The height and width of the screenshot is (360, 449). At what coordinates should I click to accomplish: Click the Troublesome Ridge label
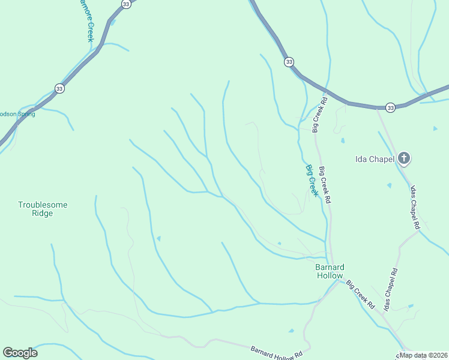43,209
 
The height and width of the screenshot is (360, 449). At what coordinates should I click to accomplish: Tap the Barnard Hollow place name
330,271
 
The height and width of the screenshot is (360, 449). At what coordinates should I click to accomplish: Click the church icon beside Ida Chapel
404,158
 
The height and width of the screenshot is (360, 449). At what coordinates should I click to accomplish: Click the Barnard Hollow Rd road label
276,353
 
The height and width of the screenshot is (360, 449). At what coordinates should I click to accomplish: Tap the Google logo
20,353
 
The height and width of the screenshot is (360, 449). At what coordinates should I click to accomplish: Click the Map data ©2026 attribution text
424,355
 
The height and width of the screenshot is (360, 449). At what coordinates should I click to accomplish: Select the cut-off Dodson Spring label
17,114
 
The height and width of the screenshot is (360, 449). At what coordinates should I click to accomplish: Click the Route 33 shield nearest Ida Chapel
391,107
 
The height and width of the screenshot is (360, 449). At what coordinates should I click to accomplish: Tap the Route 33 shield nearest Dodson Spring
59,88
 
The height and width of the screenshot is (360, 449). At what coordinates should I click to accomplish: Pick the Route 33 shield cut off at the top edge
125,4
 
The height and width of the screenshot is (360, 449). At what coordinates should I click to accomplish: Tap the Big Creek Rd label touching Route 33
318,114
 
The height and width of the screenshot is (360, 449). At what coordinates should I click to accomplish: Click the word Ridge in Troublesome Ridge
43,213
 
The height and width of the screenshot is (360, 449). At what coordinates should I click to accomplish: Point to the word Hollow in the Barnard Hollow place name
330,275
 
